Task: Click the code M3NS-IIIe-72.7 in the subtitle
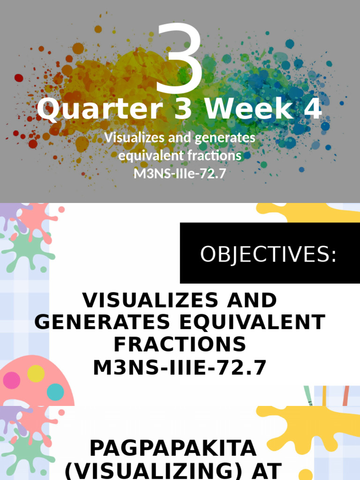click(x=180, y=173)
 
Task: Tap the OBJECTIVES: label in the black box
click(x=268, y=255)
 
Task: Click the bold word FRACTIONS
click(x=180, y=345)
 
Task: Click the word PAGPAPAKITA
click(x=173, y=449)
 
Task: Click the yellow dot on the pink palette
click(x=36, y=374)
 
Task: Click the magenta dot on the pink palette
click(x=11, y=380)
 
